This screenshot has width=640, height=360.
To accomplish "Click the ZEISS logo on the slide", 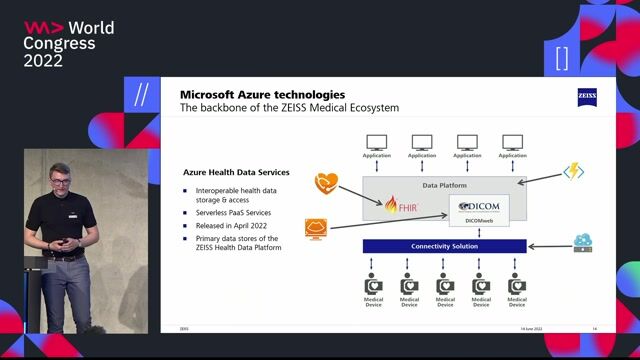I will click(x=586, y=97).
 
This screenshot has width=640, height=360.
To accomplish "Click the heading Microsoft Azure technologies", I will click(x=262, y=94).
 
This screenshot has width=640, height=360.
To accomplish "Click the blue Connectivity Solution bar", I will click(x=444, y=246).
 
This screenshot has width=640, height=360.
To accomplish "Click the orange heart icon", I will click(x=325, y=182).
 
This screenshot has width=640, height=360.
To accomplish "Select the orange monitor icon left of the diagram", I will click(x=316, y=230).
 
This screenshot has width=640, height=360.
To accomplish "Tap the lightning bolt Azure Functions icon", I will click(x=573, y=172).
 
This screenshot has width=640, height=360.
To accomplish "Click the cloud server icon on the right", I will click(x=583, y=243).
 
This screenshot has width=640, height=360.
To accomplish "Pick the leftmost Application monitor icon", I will click(x=377, y=143).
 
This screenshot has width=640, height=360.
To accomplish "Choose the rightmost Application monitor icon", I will click(x=512, y=143).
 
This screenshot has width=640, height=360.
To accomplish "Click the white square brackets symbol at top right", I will click(x=561, y=58).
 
